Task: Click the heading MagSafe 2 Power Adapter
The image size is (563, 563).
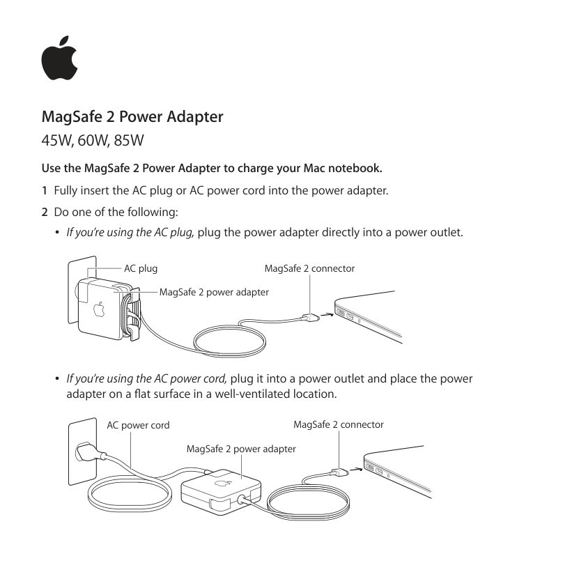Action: pyautogui.click(x=132, y=116)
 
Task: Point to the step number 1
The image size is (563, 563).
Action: pyautogui.click(x=45, y=190)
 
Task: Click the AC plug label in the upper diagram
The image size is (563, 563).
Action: pyautogui.click(x=140, y=268)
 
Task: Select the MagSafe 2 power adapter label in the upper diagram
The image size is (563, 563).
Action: pyautogui.click(x=214, y=292)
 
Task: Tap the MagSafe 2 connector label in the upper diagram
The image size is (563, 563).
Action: pyautogui.click(x=309, y=268)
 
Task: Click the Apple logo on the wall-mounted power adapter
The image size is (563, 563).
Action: pyautogui.click(x=99, y=308)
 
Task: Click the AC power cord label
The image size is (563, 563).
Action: pyautogui.click(x=138, y=425)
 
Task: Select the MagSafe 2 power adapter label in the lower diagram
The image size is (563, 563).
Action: pyautogui.click(x=241, y=449)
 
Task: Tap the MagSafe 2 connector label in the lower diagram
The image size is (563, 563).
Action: pyautogui.click(x=338, y=424)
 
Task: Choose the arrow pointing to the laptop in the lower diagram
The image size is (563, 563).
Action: pyautogui.click(x=355, y=469)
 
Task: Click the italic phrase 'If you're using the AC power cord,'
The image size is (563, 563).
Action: pyautogui.click(x=146, y=379)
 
